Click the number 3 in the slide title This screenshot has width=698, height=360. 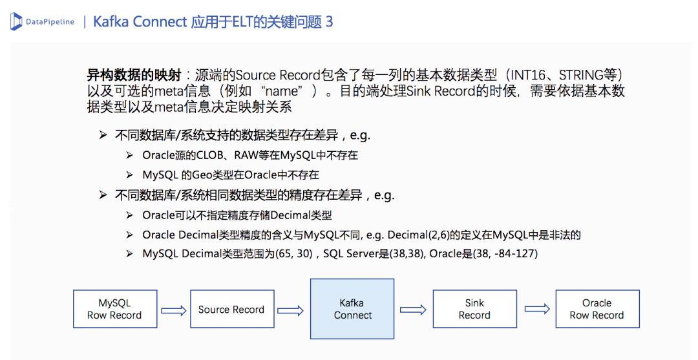[x=329, y=22]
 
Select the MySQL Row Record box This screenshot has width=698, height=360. [x=114, y=309]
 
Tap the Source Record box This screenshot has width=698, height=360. [x=231, y=310]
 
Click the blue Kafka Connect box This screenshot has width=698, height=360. [x=352, y=309]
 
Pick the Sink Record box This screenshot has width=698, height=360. [x=474, y=309]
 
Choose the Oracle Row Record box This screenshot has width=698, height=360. [x=597, y=309]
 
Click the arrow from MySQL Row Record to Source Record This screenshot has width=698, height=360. [x=173, y=310]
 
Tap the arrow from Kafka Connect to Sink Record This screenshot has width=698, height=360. [x=413, y=310]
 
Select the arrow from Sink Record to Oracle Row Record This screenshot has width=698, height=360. [x=536, y=310]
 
